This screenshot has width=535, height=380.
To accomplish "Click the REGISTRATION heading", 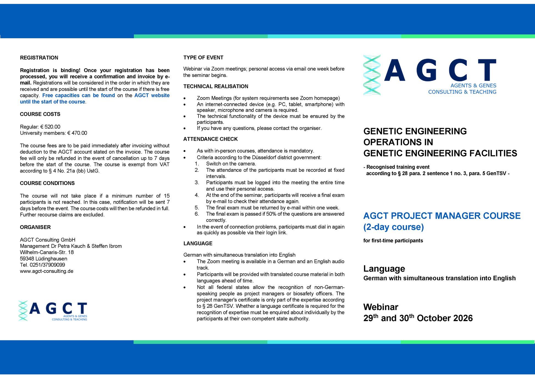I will click(39, 58).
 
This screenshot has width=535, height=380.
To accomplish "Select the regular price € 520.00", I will click(50, 127).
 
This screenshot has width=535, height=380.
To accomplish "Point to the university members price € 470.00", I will click(77, 133).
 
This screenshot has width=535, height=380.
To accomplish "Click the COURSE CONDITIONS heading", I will click(47, 183).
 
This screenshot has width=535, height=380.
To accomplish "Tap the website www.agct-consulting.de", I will click(47, 271).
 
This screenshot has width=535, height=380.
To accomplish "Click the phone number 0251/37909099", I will click(47, 265).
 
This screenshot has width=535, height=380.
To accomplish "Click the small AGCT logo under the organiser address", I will click(53, 311).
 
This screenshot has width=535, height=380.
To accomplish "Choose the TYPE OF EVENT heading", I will click(203, 58).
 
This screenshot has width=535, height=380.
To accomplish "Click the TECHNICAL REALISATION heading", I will click(216, 86).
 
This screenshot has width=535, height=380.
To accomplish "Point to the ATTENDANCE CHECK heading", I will click(210, 139).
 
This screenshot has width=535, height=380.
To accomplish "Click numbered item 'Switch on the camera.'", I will click(231, 164).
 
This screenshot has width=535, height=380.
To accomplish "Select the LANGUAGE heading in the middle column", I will click(198, 244).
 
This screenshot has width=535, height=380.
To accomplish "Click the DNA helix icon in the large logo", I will click(372, 75).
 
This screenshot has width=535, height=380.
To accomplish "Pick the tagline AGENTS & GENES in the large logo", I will click(473, 86).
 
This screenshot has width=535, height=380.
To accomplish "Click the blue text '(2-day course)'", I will click(393, 227).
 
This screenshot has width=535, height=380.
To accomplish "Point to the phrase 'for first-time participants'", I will click(393, 241).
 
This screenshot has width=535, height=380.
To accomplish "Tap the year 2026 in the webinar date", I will click(463, 318).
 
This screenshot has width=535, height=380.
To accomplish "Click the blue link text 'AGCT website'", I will click(152, 96).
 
